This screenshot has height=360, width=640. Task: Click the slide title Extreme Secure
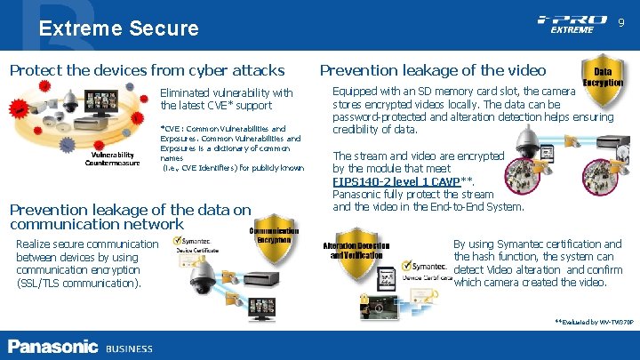[x=118, y=28]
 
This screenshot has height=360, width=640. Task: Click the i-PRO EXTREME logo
[x=572, y=23]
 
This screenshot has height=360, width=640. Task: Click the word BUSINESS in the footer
[x=129, y=348]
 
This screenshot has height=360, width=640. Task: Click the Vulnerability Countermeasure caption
[x=112, y=157]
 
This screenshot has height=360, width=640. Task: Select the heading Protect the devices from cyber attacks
[x=147, y=69]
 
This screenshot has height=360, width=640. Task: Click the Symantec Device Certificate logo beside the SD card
[x=424, y=270]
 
